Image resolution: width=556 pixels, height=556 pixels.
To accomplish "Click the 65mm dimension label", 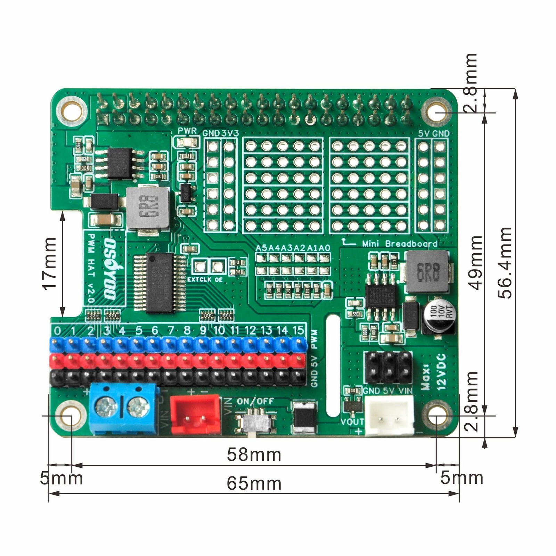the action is point(254,483).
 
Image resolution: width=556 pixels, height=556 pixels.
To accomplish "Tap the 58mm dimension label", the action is point(254,455).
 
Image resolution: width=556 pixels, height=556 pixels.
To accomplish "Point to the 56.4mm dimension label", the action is point(505,263).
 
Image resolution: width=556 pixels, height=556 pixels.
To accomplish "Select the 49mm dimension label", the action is point(475,263).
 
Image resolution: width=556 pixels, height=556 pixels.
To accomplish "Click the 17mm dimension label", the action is point(49,263).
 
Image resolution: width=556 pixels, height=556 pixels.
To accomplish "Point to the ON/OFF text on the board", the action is point(255,401).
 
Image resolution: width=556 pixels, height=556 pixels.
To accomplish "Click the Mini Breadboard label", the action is point(400,244).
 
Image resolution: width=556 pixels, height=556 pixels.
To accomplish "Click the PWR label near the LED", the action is point(187,131).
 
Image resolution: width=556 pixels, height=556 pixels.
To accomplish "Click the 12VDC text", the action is point(440,372).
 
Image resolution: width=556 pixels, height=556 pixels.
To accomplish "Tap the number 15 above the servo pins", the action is point(298,330).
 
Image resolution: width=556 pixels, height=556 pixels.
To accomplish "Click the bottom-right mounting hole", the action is point(436,416).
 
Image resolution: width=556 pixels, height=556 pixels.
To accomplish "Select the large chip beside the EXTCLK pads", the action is point(160,283).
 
